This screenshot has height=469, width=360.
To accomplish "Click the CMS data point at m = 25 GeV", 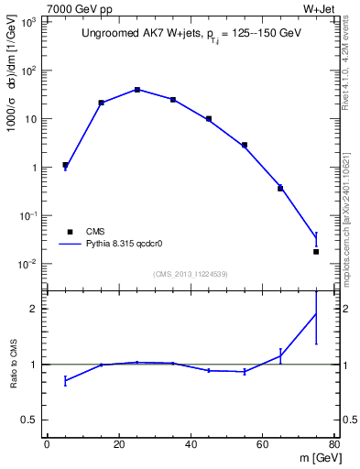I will click(136, 90).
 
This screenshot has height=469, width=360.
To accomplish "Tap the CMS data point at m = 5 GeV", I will click(65, 165).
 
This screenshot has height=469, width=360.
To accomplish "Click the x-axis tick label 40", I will click(191, 444).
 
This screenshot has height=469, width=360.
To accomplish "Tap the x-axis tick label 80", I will click(334, 444).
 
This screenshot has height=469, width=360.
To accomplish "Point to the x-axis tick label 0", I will click(47, 444).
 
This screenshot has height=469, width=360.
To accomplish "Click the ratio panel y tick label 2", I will click(35, 309).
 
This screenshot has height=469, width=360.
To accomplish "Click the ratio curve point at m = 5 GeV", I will click(65, 380).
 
